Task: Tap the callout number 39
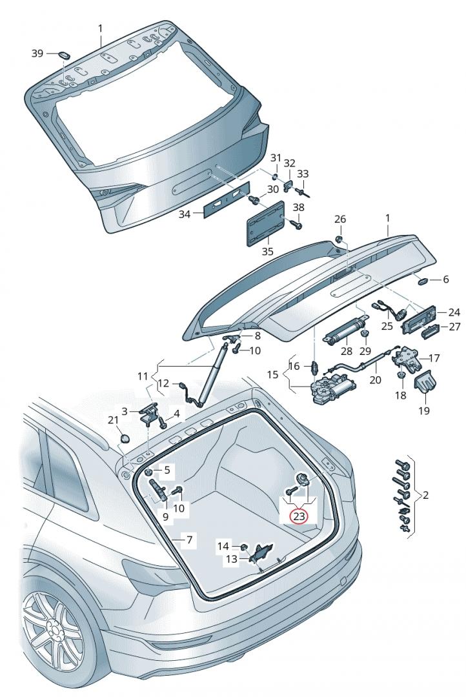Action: click(x=38, y=54)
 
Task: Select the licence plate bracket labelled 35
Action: click(x=266, y=222)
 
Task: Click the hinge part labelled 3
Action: click(x=151, y=414)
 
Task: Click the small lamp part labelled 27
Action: click(x=429, y=333)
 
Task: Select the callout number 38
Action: click(x=298, y=208)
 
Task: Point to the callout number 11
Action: click(x=142, y=375)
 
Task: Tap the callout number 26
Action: click(x=340, y=219)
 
